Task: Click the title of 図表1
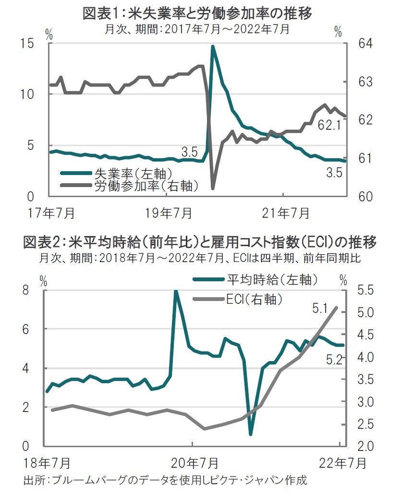coord(197,13)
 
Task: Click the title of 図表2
coord(200,241)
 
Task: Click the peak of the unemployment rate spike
coord(212,47)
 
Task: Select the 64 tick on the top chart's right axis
coord(366,44)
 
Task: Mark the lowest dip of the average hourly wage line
coord(251,434)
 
